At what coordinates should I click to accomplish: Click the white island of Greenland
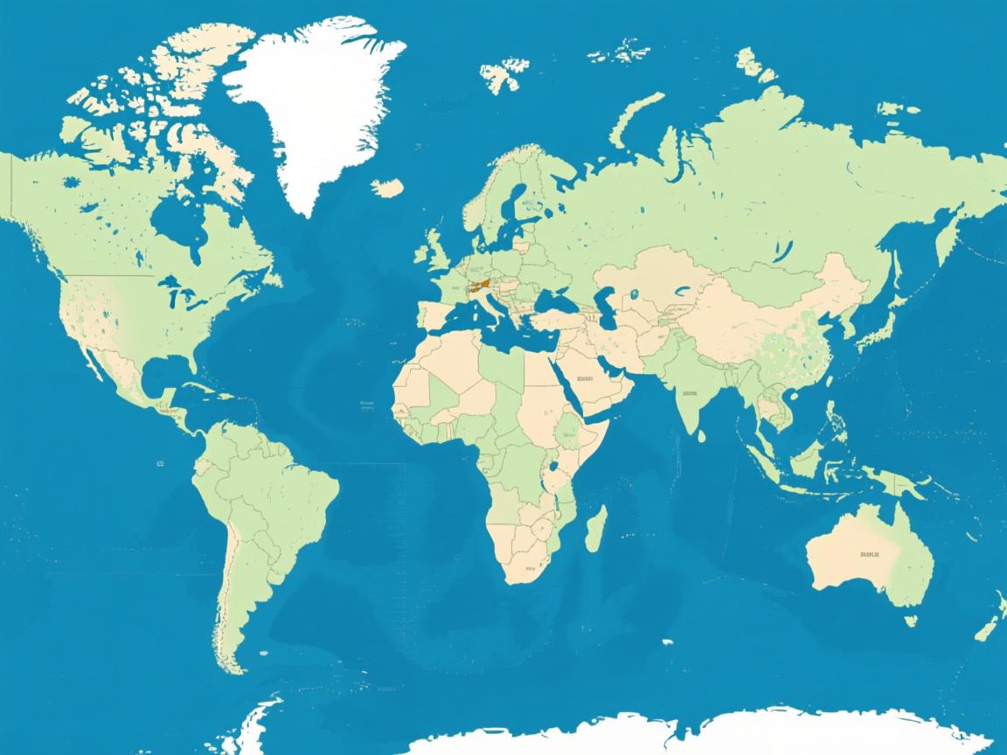315,96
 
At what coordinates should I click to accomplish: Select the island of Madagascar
595,529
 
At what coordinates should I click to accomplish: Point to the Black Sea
552,301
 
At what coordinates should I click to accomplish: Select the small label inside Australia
869,554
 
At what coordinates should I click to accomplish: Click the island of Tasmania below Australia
910,620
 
